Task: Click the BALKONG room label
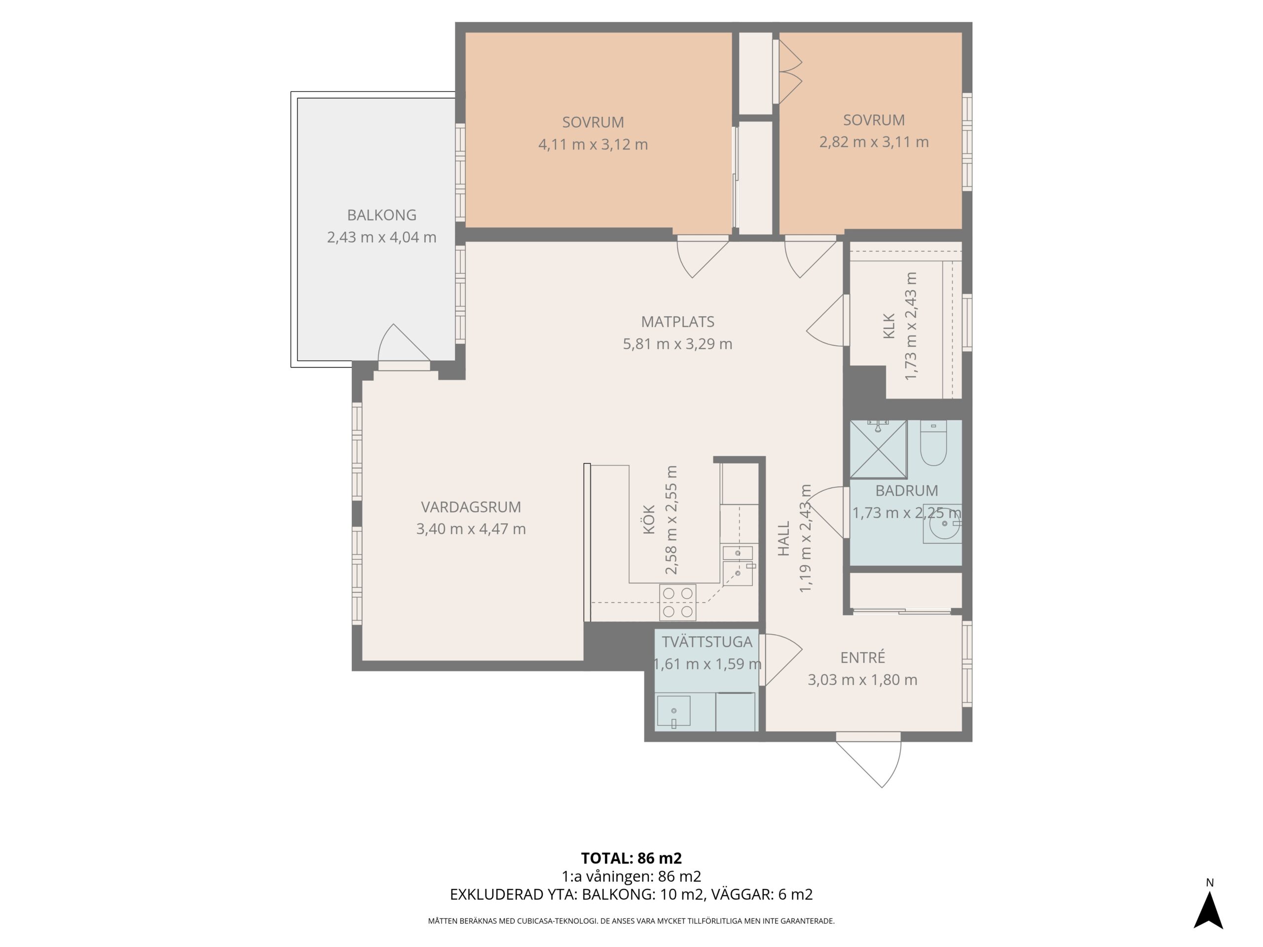click(x=381, y=215)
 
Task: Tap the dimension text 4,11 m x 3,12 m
click(x=593, y=145)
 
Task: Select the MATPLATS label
click(x=677, y=322)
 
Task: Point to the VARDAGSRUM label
click(x=471, y=507)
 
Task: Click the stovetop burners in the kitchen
click(x=678, y=602)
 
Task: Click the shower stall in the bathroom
click(x=878, y=449)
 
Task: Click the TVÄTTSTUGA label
click(x=707, y=642)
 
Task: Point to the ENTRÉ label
click(x=862, y=657)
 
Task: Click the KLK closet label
click(x=889, y=327)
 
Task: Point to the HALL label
click(x=783, y=538)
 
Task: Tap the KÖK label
click(x=649, y=519)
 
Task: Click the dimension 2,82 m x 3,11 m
click(x=874, y=142)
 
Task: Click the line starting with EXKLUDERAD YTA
click(x=631, y=895)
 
